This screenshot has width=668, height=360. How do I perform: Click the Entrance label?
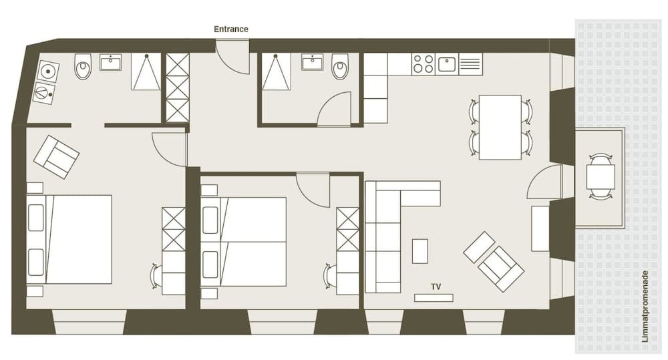pos(230,29)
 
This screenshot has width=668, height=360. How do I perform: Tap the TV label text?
pos(436,287)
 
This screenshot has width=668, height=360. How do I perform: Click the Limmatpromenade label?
pos(645,307)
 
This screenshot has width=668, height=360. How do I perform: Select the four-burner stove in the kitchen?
pos(423,64)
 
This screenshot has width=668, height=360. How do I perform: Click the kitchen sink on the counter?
pos(447,64)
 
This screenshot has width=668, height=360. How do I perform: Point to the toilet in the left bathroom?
pos(83,66)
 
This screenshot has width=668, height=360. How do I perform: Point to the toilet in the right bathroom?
pos(340,66)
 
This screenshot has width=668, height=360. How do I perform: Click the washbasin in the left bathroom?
pos(110,62)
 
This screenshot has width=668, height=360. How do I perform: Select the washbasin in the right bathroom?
pos(312,62)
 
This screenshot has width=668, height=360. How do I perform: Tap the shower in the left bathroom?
pos(145,71)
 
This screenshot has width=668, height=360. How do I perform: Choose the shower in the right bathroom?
pos(276,71)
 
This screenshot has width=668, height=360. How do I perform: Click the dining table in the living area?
pos(500,127)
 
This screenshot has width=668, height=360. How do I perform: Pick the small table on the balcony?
pos(601,177)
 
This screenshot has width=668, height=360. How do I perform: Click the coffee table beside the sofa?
pos(420,250)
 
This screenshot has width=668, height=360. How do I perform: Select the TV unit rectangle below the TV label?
pos(434,298)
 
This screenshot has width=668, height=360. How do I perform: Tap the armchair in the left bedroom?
pos(56,156)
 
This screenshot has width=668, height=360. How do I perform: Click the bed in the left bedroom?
pos(69,239)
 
